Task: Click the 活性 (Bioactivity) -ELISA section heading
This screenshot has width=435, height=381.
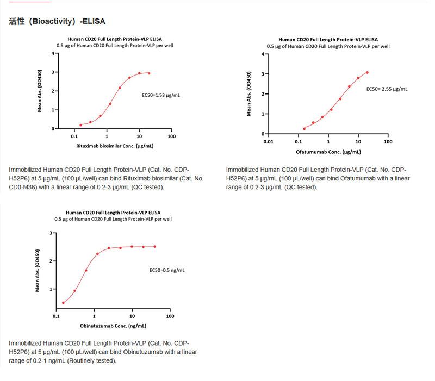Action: [57, 21]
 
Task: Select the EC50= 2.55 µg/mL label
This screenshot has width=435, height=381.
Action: [387, 89]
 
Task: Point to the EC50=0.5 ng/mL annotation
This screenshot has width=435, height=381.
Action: [167, 270]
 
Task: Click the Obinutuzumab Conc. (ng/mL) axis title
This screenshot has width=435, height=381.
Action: [113, 326]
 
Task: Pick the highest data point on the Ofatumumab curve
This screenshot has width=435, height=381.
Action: [367, 72]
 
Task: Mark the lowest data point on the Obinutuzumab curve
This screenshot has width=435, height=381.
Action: [63, 303]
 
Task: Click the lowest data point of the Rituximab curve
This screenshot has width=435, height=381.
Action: [80, 125]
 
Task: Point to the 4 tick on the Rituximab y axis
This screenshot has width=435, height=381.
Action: [53, 53]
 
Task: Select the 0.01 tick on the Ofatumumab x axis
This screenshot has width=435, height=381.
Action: [268, 142]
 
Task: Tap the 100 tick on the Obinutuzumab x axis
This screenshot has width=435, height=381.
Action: [170, 316]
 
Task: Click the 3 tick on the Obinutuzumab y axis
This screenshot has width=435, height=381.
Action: [51, 233]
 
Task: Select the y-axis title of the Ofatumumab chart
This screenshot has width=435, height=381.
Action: [249, 93]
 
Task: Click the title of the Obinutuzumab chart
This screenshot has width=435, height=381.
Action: [113, 213]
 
